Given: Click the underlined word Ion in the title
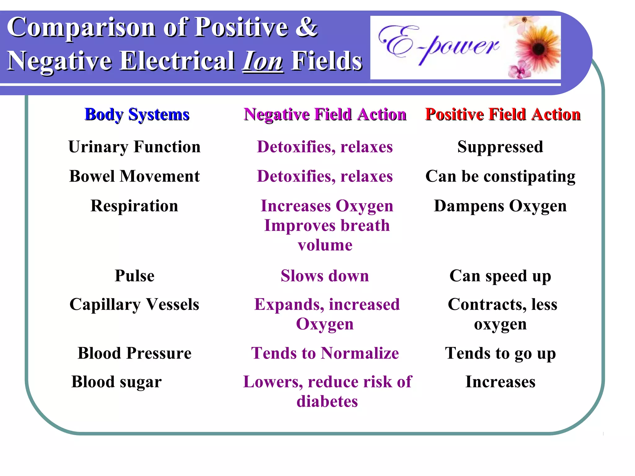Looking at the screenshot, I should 263,61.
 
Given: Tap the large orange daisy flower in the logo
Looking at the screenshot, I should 538,49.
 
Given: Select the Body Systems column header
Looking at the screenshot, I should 137,114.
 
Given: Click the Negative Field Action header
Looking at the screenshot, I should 325,114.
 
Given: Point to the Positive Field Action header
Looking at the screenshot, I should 503,114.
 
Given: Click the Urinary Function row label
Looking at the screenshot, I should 134,147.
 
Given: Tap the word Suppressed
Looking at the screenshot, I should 500,147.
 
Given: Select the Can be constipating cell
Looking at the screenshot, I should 500,177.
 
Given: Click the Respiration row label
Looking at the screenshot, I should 134,206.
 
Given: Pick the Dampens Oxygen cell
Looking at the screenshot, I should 500,206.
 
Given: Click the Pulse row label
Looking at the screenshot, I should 134,276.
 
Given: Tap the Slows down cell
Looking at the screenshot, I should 325,276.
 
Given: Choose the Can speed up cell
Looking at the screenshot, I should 500,276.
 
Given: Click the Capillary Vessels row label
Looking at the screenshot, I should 134,304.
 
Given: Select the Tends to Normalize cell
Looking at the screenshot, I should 325,353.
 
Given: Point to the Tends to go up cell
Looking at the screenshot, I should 500,353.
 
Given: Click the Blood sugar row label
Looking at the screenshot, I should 116,382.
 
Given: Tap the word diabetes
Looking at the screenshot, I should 327,402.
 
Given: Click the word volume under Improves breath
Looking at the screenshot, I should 325,245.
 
